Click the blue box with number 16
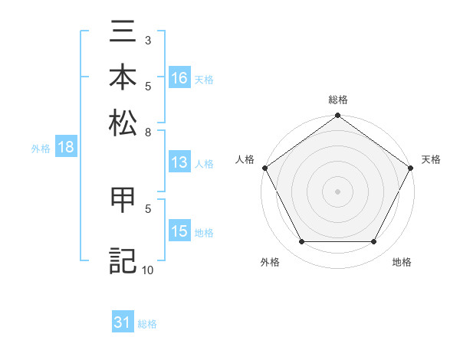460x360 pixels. (179, 78)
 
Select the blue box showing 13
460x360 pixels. (179, 162)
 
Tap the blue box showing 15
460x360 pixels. (179, 232)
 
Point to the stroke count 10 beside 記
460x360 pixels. (148, 270)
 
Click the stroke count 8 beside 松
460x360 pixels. (148, 132)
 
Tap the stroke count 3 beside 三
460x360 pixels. (148, 40)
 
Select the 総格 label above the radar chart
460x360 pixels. (337, 100)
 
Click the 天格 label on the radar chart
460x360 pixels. (431, 159)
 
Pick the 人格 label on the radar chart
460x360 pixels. (245, 159)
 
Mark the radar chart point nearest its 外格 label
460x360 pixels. (301, 242)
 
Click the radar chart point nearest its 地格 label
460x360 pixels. (374, 242)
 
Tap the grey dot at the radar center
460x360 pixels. (337, 191)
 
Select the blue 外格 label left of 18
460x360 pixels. (41, 149)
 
